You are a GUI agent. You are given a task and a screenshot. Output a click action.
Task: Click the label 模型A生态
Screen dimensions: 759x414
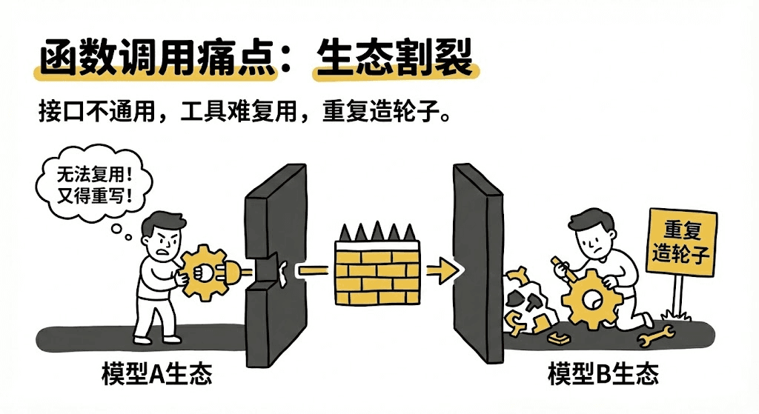click(x=157, y=373)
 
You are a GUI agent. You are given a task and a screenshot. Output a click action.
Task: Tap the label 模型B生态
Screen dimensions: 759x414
click(x=603, y=373)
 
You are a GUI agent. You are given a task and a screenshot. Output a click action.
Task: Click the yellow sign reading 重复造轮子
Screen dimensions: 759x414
click(x=682, y=242)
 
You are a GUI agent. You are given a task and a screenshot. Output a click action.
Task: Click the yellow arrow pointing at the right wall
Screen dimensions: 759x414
click(x=442, y=271)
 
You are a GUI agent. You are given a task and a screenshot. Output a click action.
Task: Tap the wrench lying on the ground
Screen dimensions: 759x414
click(x=657, y=337)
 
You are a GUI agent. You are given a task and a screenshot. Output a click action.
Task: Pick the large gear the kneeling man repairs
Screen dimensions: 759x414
click(x=591, y=298)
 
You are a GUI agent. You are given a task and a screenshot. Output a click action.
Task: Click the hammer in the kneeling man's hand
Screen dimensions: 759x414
click(x=564, y=268)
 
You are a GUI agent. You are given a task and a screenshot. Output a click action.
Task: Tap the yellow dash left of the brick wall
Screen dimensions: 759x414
click(x=313, y=270)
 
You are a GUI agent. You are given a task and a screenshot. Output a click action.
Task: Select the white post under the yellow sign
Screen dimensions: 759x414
click(x=677, y=294)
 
